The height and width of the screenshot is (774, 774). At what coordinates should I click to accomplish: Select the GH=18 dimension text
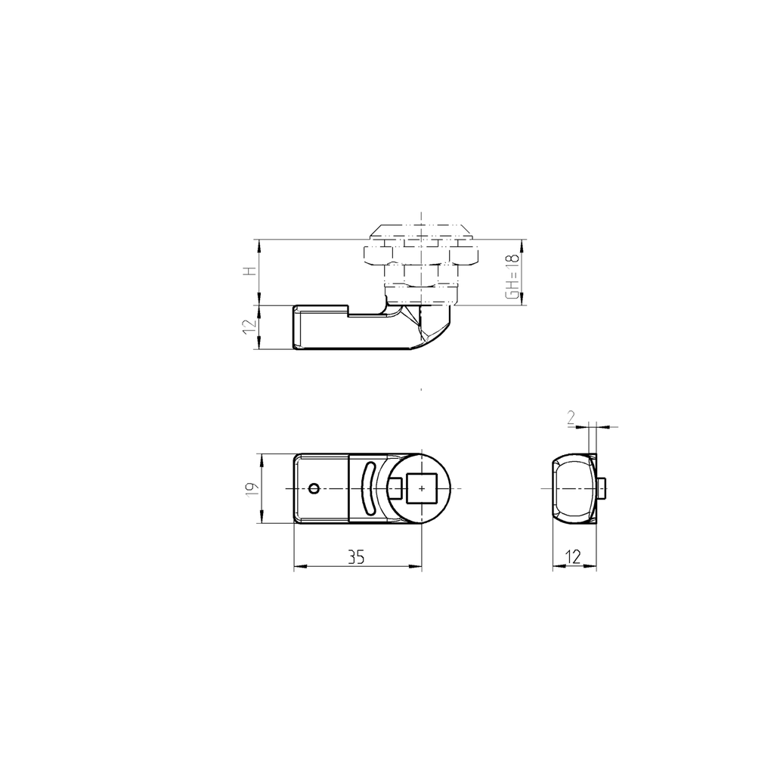click(x=513, y=277)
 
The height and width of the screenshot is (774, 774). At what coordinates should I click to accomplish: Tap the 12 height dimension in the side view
click(x=248, y=327)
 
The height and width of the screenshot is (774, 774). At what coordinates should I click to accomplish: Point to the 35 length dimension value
click(x=356, y=558)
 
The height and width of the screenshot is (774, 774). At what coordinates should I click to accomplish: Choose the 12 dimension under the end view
click(x=573, y=558)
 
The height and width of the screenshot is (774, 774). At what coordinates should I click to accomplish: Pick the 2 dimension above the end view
click(x=571, y=417)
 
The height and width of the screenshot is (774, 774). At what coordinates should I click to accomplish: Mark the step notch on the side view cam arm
click(x=348, y=310)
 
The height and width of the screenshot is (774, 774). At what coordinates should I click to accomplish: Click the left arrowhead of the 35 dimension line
click(x=297, y=566)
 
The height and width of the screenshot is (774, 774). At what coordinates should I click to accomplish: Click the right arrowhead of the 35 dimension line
click(x=417, y=566)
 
